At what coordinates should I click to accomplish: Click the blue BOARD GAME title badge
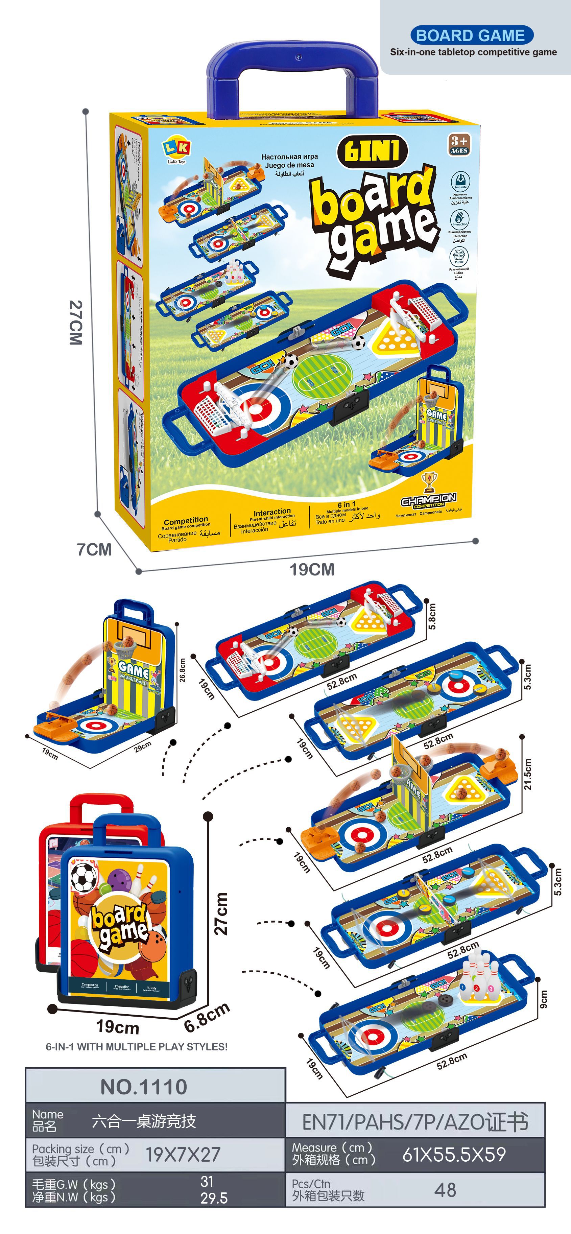click(x=471, y=35)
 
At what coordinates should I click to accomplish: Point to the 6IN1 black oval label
click(x=372, y=151)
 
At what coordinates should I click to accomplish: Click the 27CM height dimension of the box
click(x=76, y=323)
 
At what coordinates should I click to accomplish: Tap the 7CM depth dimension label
click(x=94, y=549)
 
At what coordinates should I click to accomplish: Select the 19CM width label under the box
click(x=312, y=570)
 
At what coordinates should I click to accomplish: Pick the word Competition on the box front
click(x=186, y=520)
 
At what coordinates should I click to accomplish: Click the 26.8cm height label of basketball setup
click(x=182, y=670)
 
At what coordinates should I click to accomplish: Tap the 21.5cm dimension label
click(x=527, y=774)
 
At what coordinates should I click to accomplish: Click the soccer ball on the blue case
click(x=84, y=875)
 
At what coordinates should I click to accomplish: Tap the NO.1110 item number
click(x=144, y=1087)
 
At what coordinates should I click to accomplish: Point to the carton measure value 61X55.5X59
click(x=454, y=1155)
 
